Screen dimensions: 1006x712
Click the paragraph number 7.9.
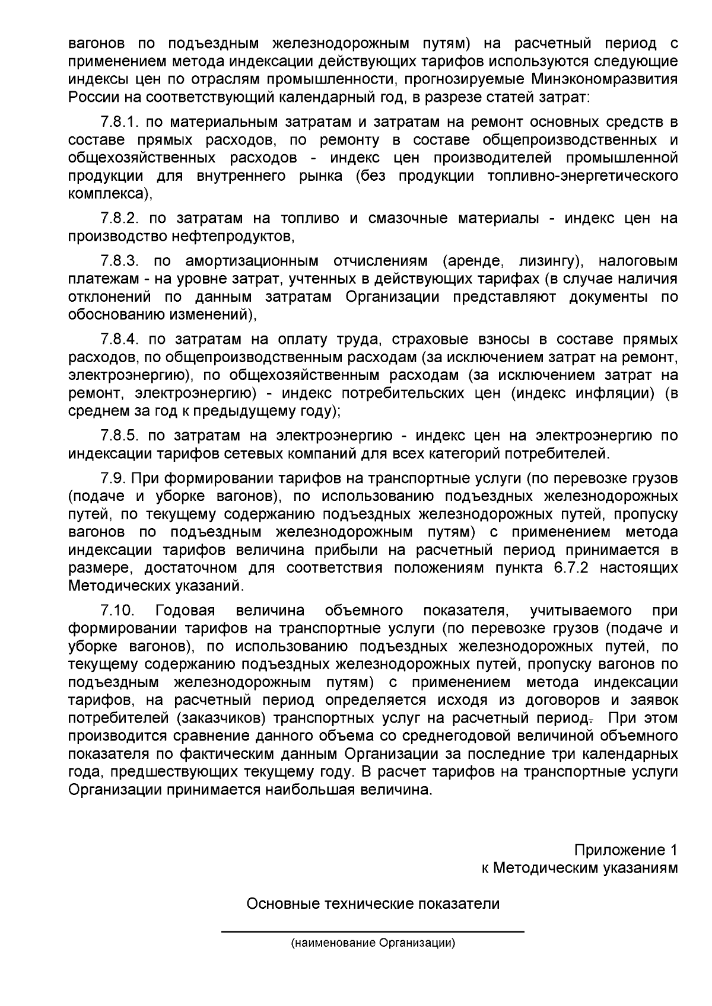(x=112, y=478)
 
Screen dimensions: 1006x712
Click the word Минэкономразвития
(x=605, y=79)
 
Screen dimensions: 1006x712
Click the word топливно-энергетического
(x=582, y=176)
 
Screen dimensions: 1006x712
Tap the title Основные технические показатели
(x=373, y=905)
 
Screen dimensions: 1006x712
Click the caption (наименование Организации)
(x=373, y=943)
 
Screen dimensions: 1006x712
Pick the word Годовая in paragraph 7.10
(x=185, y=611)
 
